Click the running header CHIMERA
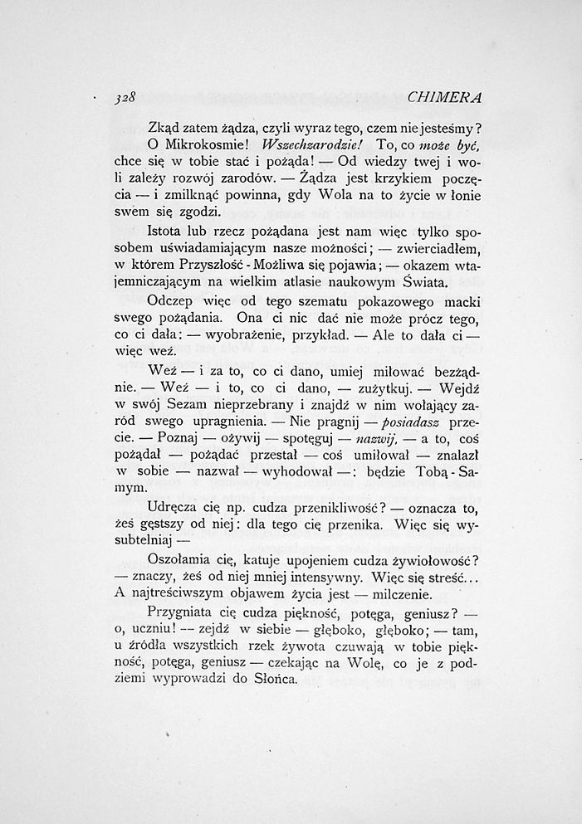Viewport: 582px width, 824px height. pyautogui.click(x=445, y=97)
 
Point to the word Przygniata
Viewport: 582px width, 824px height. pyautogui.click(x=181, y=614)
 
